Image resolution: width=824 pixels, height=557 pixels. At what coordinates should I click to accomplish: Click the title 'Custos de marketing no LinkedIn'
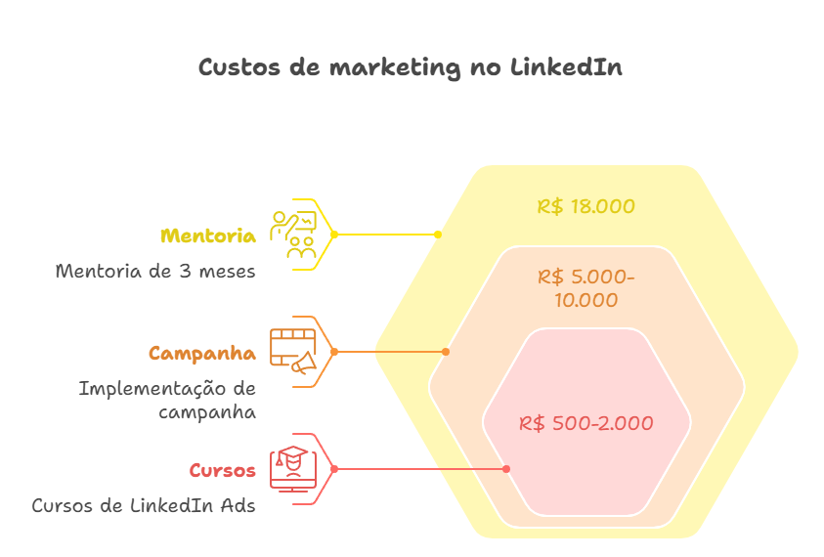click(x=411, y=68)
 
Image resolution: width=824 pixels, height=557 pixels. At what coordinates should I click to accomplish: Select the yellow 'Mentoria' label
click(x=208, y=236)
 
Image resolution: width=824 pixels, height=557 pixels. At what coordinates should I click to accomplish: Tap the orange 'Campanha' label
click(x=202, y=353)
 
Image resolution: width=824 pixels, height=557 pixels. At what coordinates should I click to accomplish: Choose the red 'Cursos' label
click(x=222, y=470)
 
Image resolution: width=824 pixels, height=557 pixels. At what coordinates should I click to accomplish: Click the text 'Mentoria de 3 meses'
click(x=155, y=271)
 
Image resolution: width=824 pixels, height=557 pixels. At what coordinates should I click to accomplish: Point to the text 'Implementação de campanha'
click(x=167, y=400)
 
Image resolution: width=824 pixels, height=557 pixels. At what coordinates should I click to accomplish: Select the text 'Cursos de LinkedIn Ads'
click(x=144, y=505)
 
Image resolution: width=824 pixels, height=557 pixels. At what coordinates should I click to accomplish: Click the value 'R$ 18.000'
click(x=585, y=207)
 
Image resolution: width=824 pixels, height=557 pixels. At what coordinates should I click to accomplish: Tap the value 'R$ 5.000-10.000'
click(x=585, y=288)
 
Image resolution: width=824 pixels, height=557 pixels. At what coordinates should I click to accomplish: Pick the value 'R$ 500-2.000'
click(x=585, y=423)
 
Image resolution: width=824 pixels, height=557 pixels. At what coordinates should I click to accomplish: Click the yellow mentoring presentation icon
click(x=294, y=235)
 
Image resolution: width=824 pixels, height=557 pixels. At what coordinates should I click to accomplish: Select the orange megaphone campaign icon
click(x=294, y=352)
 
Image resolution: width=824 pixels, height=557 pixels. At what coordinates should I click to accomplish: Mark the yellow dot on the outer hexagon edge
click(x=437, y=235)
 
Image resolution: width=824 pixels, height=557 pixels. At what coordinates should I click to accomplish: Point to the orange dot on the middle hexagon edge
click(x=446, y=352)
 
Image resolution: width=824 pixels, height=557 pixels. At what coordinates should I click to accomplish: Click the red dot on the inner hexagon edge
click(x=506, y=469)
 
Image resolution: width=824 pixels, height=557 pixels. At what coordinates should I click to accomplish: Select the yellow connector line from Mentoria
click(x=386, y=235)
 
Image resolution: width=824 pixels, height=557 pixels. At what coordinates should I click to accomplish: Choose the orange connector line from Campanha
click(x=391, y=352)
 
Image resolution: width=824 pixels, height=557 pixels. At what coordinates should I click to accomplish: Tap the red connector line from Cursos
click(x=420, y=469)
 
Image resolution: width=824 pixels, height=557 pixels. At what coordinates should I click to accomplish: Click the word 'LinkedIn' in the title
click(x=565, y=68)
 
